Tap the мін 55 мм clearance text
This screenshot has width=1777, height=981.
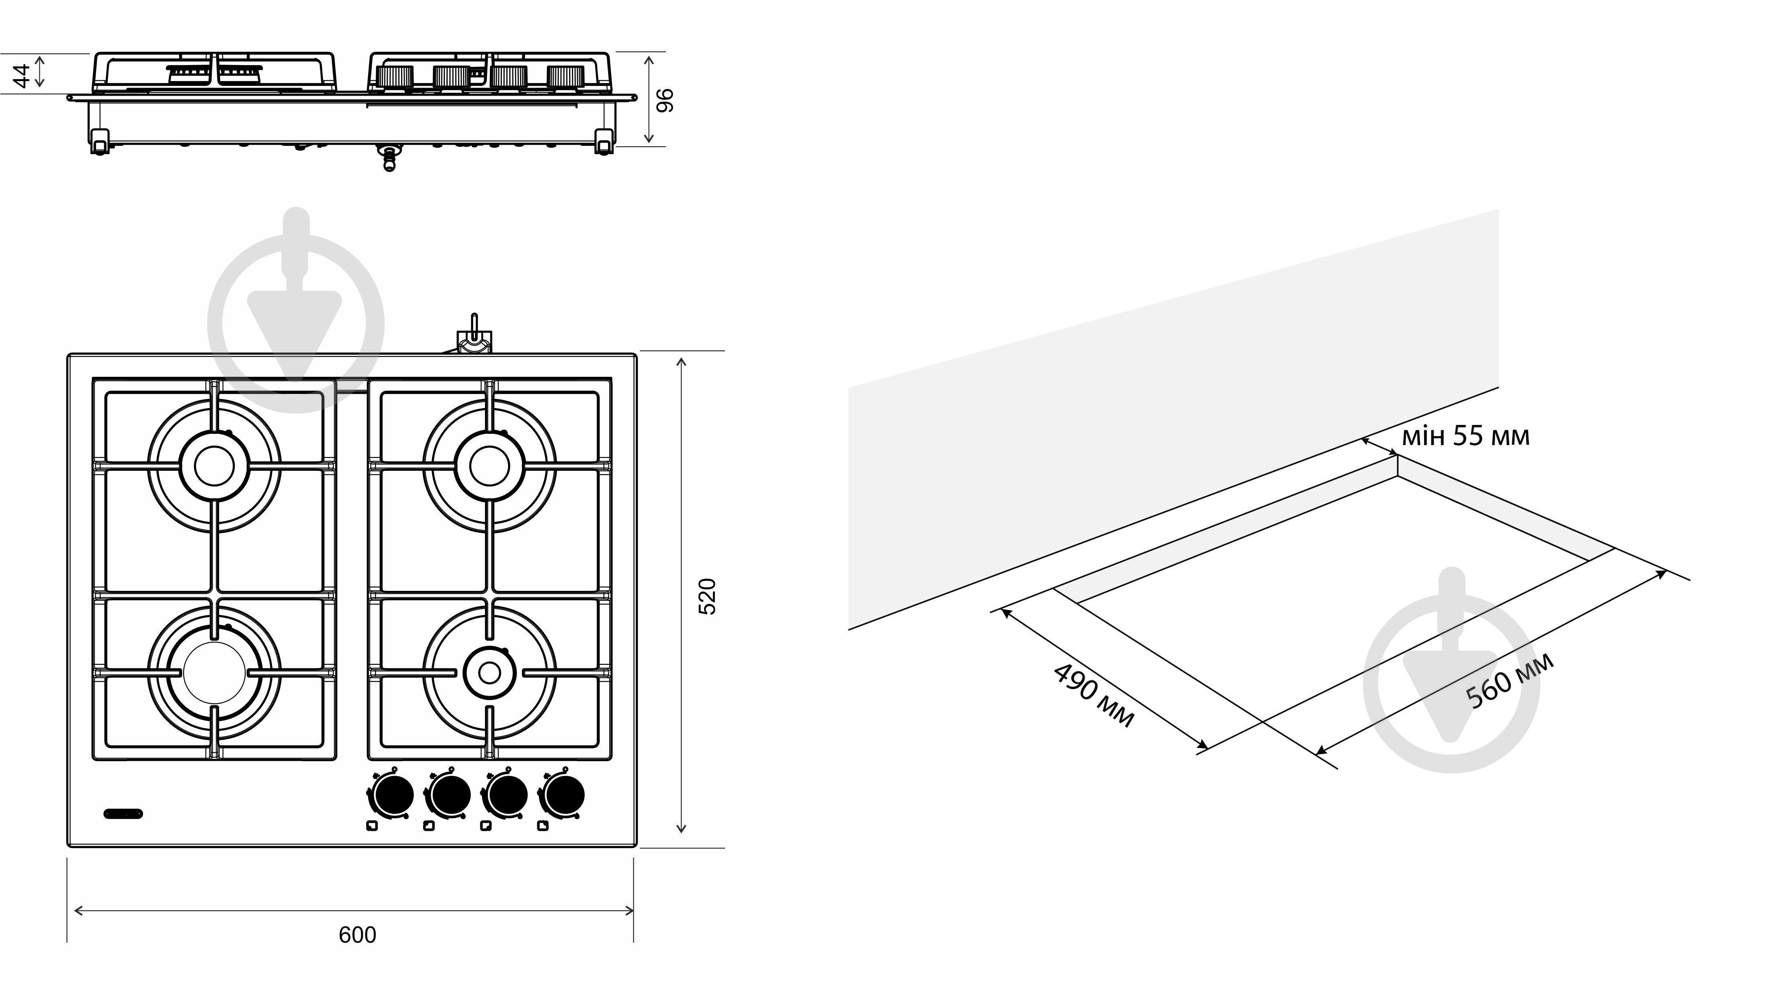1465,436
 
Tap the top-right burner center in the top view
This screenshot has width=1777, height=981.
489,466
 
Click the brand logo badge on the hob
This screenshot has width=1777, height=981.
123,813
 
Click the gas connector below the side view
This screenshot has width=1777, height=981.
390,158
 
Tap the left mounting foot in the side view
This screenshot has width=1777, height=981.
99,141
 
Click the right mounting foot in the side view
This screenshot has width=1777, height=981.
604,141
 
